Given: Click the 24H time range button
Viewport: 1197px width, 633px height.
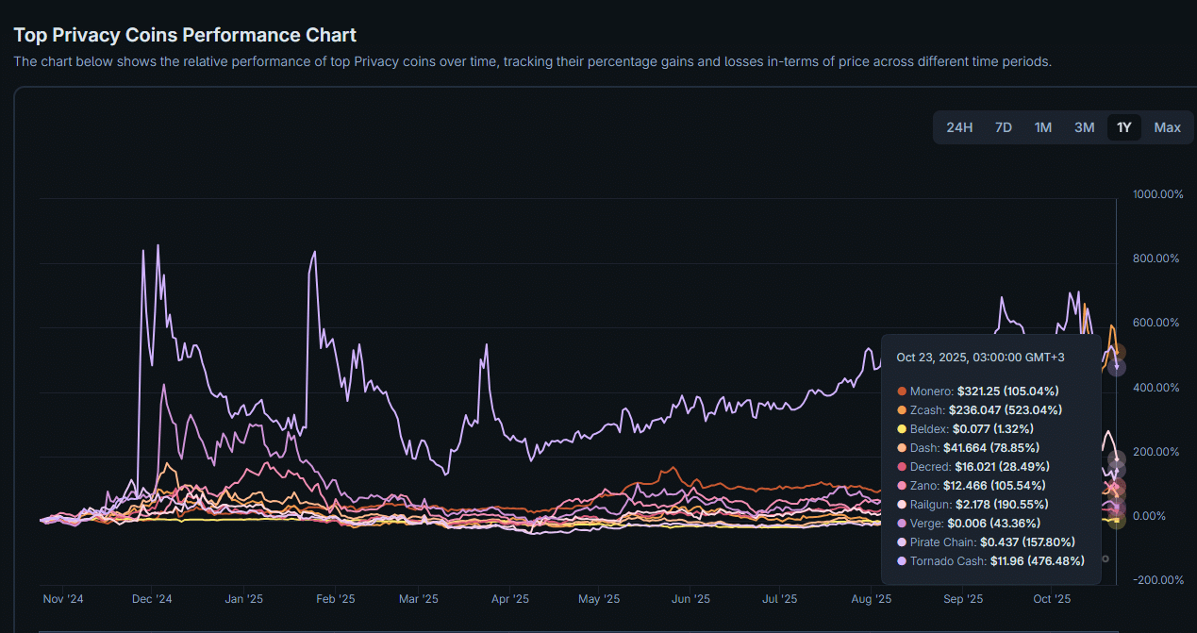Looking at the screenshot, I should click(959, 127).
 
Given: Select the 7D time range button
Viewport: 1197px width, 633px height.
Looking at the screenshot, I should click(1004, 127).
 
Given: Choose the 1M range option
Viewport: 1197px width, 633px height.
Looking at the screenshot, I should click(1043, 127).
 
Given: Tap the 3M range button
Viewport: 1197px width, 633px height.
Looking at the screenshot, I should click(1084, 127).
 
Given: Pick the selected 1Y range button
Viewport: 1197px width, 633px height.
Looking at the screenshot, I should click(1124, 127).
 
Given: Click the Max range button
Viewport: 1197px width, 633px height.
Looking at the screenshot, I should click(1167, 127).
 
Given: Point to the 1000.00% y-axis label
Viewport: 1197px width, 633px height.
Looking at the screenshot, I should click(1156, 194).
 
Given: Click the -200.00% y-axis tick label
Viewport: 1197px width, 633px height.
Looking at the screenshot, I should click(1156, 580).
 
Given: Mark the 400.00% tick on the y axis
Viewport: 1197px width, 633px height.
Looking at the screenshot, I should click(1156, 388).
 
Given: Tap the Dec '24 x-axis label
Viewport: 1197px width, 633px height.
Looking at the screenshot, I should click(152, 599).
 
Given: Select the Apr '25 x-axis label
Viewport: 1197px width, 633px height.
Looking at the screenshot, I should click(509, 599).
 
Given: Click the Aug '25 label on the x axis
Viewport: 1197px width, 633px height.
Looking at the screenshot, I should click(872, 599).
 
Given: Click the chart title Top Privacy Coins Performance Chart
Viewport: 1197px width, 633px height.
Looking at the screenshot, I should click(185, 35).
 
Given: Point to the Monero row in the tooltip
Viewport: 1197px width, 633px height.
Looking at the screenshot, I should click(978, 391).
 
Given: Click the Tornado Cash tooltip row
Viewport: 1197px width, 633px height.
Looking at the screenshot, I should click(988, 561).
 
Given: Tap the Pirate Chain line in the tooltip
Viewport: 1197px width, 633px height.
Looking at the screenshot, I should click(987, 542).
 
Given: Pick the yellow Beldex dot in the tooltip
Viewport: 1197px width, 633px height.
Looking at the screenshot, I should click(902, 429).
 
